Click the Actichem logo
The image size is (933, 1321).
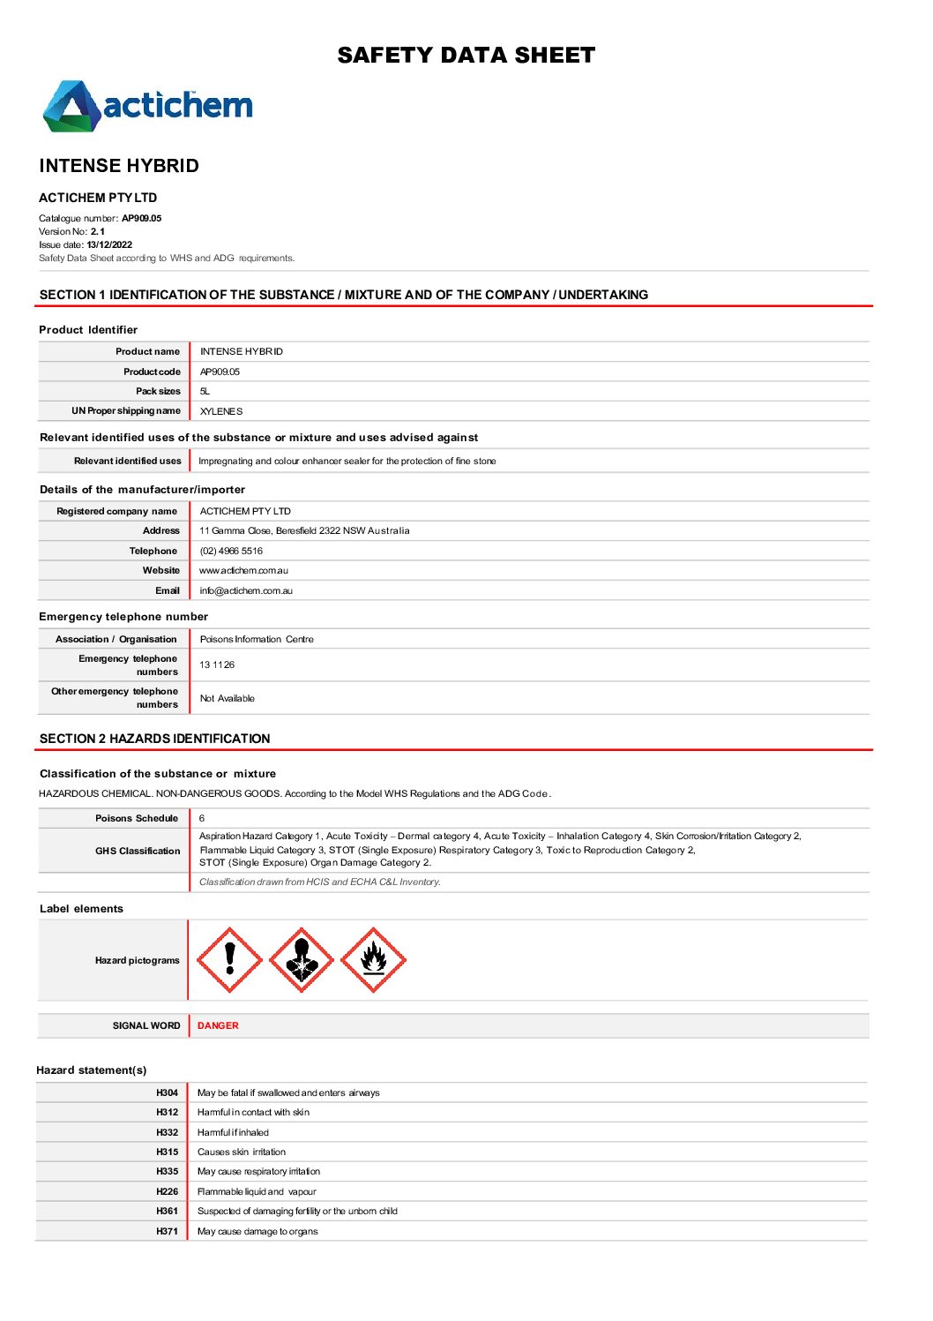pyautogui.click(x=147, y=107)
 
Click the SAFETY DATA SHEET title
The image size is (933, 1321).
pyautogui.click(x=466, y=56)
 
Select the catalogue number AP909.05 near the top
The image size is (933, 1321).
pyautogui.click(x=141, y=218)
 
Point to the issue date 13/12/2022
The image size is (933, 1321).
pyautogui.click(x=109, y=244)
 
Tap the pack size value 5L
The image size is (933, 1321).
pyautogui.click(x=205, y=391)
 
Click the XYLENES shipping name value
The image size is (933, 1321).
pyautogui.click(x=220, y=411)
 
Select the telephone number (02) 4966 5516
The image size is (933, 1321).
pyautogui.click(x=231, y=551)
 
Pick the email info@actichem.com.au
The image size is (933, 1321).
pyautogui.click(x=246, y=590)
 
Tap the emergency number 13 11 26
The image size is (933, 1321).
pyautogui.click(x=217, y=664)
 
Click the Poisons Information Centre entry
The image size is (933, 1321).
pyautogui.click(x=257, y=639)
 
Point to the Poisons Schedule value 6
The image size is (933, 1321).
pyautogui.click(x=202, y=818)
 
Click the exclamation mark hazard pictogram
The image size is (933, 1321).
pyautogui.click(x=229, y=960)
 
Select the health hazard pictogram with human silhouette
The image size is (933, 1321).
pyautogui.click(x=302, y=960)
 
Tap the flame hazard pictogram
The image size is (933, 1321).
pyautogui.click(x=373, y=960)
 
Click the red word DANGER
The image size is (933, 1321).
pyautogui.click(x=218, y=1025)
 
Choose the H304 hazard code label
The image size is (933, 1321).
pyautogui.click(x=167, y=1092)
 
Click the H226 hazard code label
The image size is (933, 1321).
pyautogui.click(x=167, y=1191)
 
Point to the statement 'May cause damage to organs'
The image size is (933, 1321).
pyautogui.click(x=258, y=1231)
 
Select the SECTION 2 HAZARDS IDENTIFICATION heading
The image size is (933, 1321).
pyautogui.click(x=155, y=739)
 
